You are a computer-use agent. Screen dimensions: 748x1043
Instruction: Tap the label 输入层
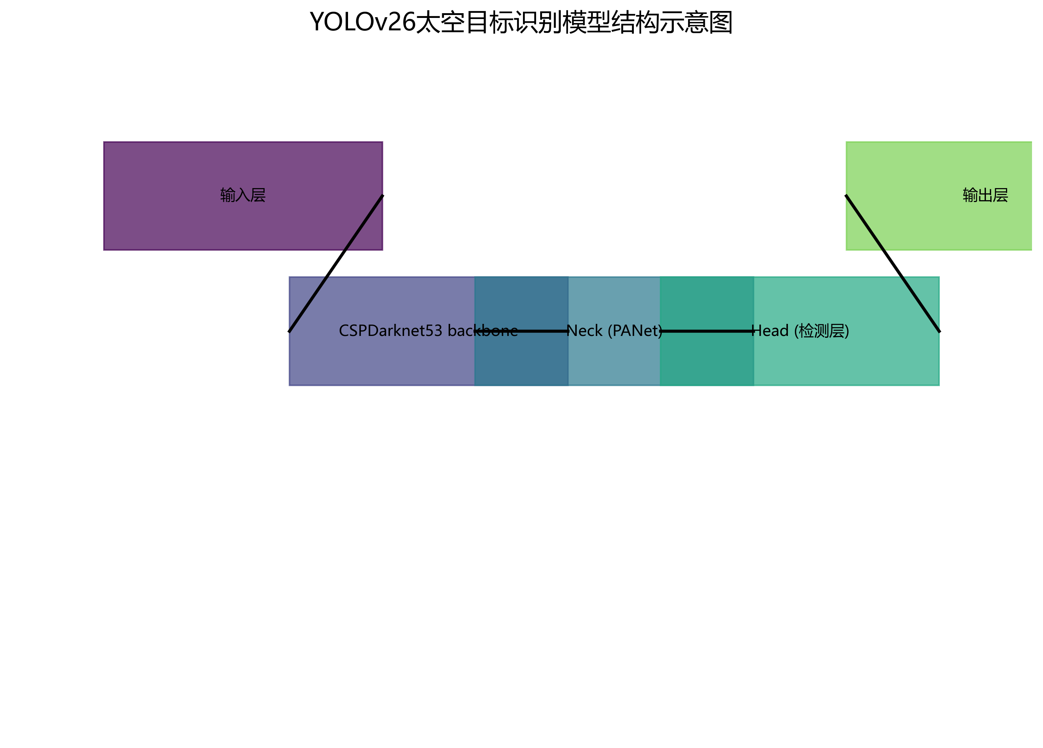[x=243, y=195]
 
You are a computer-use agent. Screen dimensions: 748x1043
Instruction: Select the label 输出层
[x=985, y=195]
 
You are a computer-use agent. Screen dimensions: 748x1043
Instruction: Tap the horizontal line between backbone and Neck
[x=543, y=331]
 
